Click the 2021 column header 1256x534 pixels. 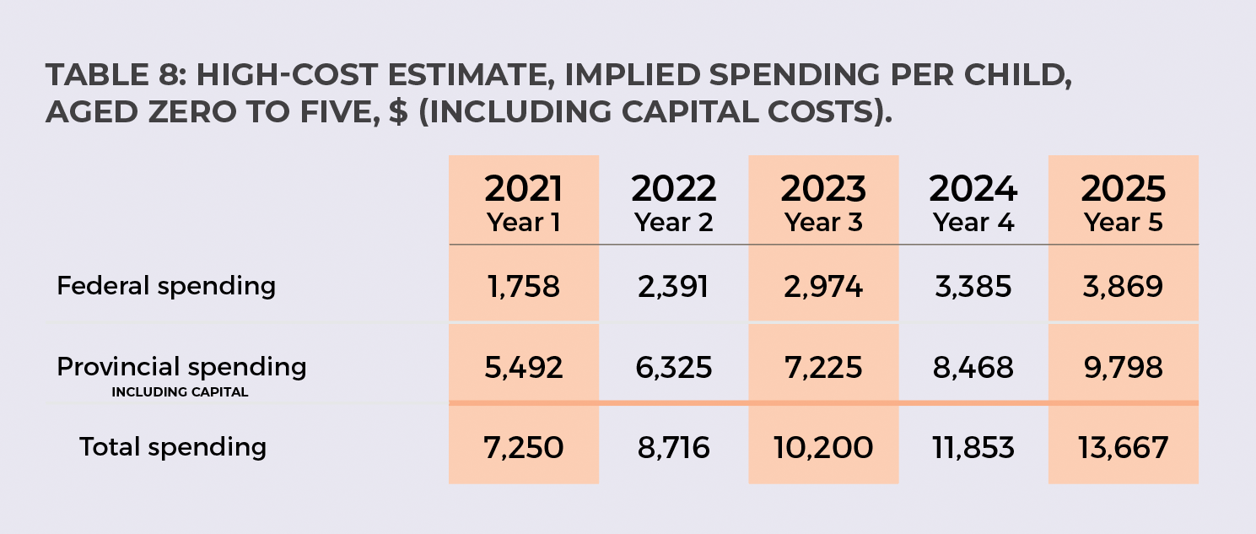(x=523, y=189)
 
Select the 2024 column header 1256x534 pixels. (x=973, y=189)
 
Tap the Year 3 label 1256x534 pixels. (x=823, y=223)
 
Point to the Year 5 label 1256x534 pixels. (x=1123, y=223)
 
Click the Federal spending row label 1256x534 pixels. (x=166, y=286)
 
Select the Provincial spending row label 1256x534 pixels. (x=181, y=367)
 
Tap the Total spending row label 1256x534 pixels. (x=173, y=446)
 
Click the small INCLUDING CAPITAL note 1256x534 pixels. (x=180, y=392)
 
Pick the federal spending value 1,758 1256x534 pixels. (x=523, y=287)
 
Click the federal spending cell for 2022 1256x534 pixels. (x=673, y=287)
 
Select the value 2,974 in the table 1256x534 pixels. (x=823, y=287)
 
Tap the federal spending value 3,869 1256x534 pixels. (x=1123, y=287)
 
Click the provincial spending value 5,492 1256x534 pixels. (x=523, y=368)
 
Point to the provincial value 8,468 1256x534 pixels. (x=973, y=368)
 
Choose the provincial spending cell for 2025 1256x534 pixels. (x=1123, y=368)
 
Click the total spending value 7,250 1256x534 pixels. (x=523, y=447)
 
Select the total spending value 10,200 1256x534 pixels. (x=823, y=447)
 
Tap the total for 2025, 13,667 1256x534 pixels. (x=1123, y=447)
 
